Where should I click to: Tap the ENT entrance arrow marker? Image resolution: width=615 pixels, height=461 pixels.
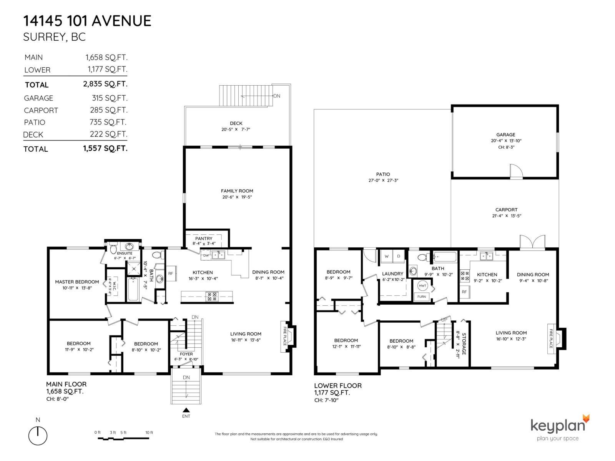(x=186, y=410)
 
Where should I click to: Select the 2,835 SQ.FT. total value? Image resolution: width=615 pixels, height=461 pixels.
(x=105, y=84)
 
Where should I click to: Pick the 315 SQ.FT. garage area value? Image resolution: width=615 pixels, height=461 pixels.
(x=110, y=98)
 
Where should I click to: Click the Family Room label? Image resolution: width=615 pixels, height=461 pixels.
(x=237, y=191)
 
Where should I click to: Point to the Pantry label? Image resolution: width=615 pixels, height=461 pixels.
(x=204, y=239)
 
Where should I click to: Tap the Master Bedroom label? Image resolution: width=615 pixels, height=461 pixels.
(x=77, y=282)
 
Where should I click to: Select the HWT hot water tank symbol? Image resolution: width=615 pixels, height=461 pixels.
(x=422, y=286)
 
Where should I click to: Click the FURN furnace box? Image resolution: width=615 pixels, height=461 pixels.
(x=422, y=297)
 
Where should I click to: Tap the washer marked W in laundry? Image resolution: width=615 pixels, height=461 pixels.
(x=387, y=256)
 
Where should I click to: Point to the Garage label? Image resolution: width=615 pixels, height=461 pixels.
(x=505, y=134)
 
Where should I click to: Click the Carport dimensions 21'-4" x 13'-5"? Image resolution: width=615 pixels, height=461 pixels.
(x=506, y=216)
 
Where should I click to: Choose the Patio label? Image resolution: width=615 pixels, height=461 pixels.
(x=383, y=174)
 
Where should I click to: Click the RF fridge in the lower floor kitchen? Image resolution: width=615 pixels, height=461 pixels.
(x=464, y=292)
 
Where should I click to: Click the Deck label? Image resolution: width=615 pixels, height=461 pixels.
(x=236, y=123)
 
